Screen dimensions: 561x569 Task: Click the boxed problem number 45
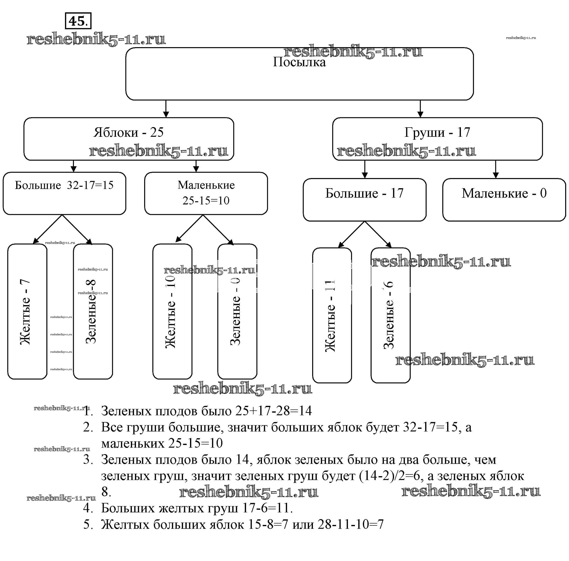click(x=78, y=21)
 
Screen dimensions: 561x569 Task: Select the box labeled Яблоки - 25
click(x=129, y=139)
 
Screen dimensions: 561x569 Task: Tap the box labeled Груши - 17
click(x=437, y=139)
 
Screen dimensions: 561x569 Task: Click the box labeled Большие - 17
click(x=364, y=200)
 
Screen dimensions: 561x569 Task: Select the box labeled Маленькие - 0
click(x=504, y=200)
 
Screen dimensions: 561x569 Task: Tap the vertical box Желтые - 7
click(x=27, y=311)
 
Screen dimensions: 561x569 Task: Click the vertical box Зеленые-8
click(x=93, y=311)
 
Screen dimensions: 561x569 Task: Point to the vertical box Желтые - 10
click(x=172, y=311)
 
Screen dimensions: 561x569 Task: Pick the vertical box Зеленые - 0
click(x=237, y=311)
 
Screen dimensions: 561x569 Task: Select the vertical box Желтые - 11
click(x=332, y=315)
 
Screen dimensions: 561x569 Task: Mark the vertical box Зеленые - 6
click(x=390, y=315)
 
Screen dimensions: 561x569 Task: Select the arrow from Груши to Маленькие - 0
click(x=496, y=169)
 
